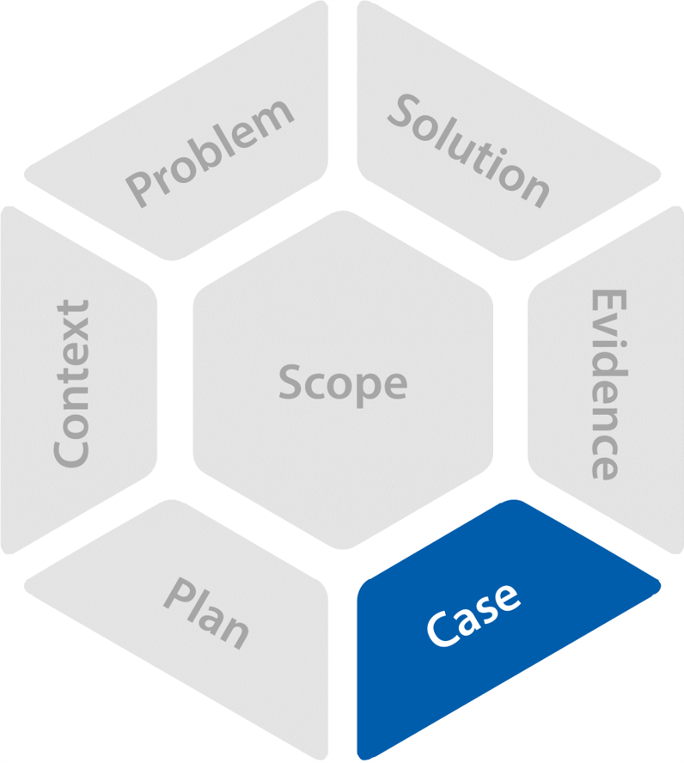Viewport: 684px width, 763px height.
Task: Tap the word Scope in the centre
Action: pyautogui.click(x=342, y=383)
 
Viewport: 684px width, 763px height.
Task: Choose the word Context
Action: pyautogui.click(x=72, y=383)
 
